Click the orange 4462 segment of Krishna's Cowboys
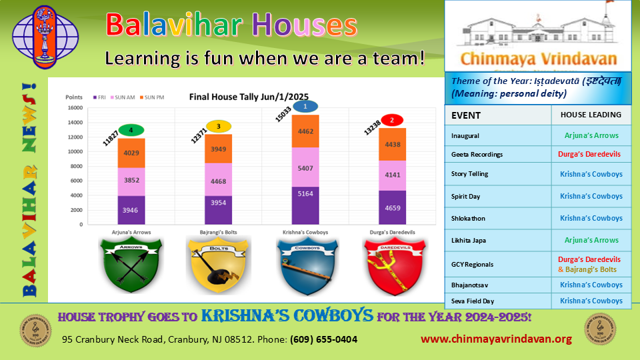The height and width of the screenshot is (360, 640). (305, 131)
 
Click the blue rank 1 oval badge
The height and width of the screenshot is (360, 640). (305, 106)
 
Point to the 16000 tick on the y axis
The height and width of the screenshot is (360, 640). (74, 108)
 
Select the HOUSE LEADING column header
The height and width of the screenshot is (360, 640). (591, 115)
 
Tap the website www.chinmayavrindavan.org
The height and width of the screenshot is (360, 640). (496, 339)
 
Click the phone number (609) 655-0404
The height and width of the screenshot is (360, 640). (323, 339)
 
